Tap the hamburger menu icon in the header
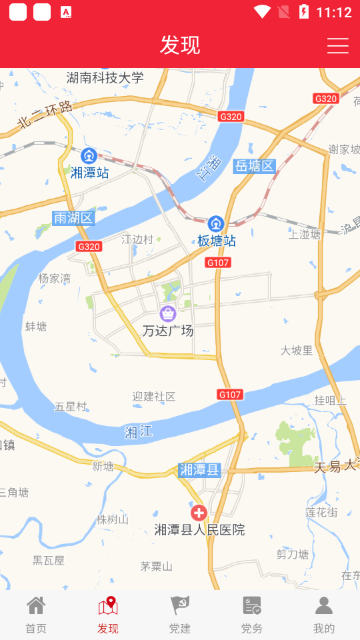click(338, 45)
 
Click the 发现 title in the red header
click(180, 45)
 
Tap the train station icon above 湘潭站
click(89, 156)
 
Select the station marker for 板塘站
click(215, 224)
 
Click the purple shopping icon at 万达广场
click(168, 313)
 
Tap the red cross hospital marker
click(199, 513)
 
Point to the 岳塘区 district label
click(255, 166)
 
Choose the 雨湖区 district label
click(73, 218)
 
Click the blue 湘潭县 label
click(199, 470)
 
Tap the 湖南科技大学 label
click(105, 78)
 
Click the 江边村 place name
click(137, 239)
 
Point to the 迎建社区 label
click(154, 397)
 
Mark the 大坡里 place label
click(297, 350)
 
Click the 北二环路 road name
click(45, 114)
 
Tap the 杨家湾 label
click(55, 279)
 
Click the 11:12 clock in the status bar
click(334, 12)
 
